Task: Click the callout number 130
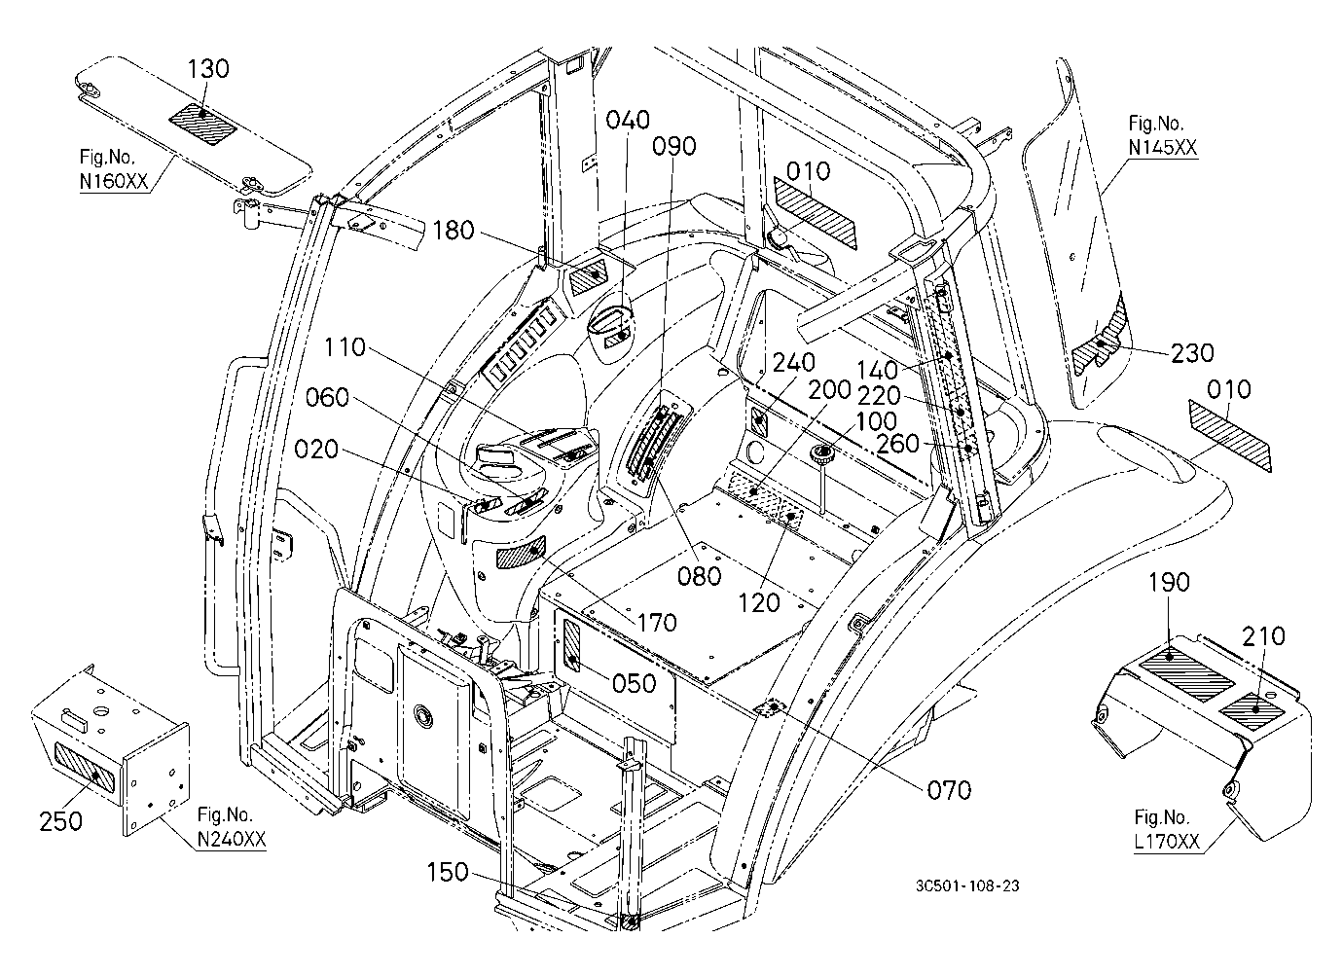pyautogui.click(x=208, y=69)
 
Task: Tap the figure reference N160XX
pyautogui.click(x=113, y=180)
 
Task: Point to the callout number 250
pyautogui.click(x=60, y=821)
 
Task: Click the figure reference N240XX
pyautogui.click(x=232, y=839)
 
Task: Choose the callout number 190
pyautogui.click(x=1169, y=582)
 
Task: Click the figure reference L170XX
pyautogui.click(x=1167, y=842)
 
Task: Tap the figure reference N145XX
pyautogui.click(x=1163, y=147)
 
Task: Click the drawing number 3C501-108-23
pyautogui.click(x=967, y=885)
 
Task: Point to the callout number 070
pyautogui.click(x=949, y=791)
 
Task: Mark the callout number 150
pyautogui.click(x=448, y=873)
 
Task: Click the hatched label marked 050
pyautogui.click(x=572, y=644)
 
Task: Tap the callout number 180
pyautogui.click(x=454, y=231)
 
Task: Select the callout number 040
pyautogui.click(x=628, y=120)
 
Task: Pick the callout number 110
pyautogui.click(x=345, y=347)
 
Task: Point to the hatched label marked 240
pyautogui.click(x=760, y=423)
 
